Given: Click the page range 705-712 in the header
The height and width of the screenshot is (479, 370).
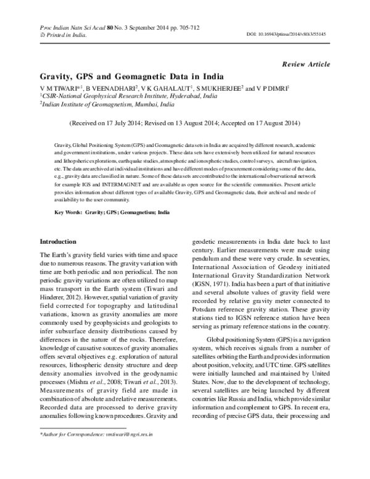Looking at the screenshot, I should (x=184, y=28).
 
